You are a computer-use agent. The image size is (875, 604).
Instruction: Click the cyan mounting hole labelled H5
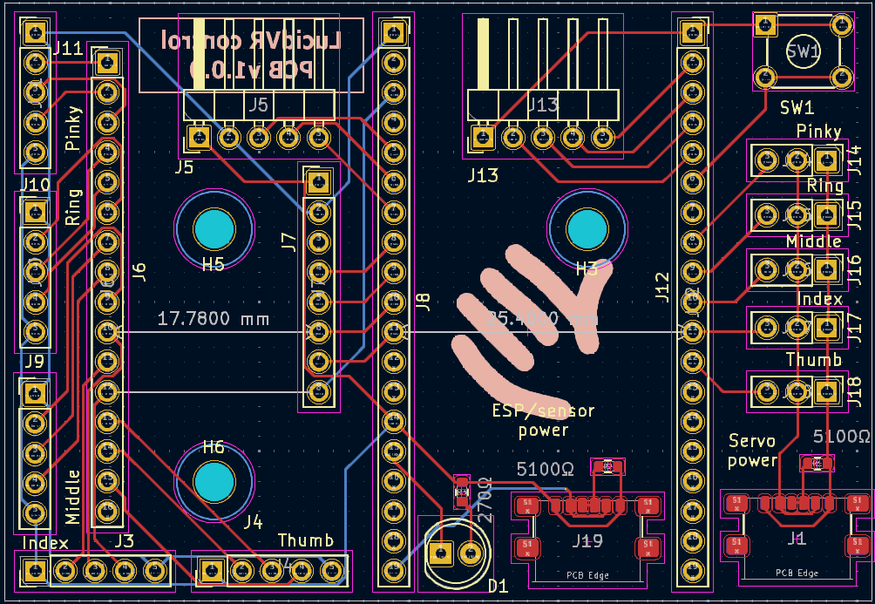(x=214, y=229)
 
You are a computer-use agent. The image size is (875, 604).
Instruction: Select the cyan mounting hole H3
(x=587, y=229)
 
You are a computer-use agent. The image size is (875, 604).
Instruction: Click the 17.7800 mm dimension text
(x=213, y=319)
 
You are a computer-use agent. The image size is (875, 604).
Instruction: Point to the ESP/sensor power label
(x=543, y=419)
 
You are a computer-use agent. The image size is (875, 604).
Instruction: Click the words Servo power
(x=752, y=451)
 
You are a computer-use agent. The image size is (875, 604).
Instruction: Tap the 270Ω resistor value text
(x=484, y=499)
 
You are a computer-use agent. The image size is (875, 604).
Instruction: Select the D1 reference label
(x=498, y=586)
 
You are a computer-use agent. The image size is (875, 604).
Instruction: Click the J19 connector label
(x=587, y=541)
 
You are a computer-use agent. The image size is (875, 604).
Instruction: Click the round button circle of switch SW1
(x=803, y=51)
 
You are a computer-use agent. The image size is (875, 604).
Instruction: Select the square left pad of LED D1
(x=441, y=553)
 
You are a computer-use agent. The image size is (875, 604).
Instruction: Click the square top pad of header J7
(x=317, y=182)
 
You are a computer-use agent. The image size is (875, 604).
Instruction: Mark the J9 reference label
(x=34, y=361)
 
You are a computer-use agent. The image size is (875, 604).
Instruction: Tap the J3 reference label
(x=125, y=540)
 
